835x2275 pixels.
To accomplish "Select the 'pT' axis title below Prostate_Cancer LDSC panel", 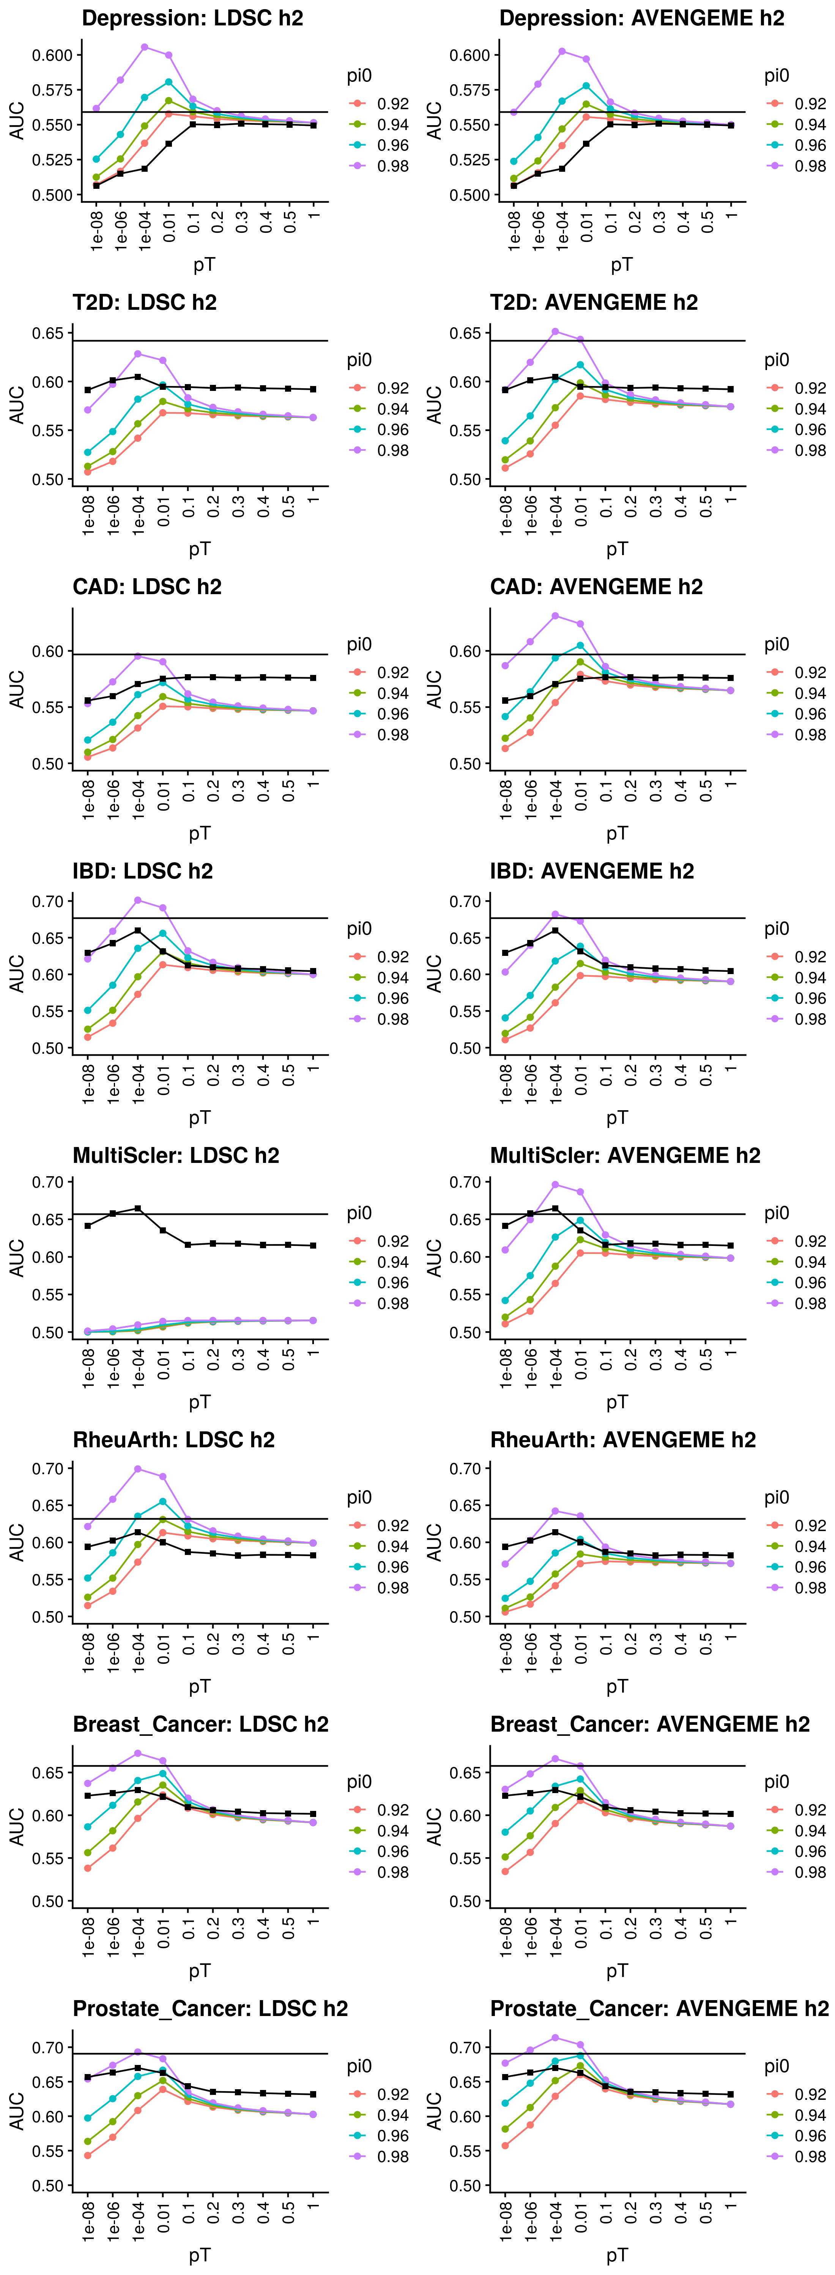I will pos(200,2255).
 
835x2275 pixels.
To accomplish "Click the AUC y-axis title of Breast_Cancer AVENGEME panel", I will pos(434,1826).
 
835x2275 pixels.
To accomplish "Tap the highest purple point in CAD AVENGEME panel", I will pos(555,615).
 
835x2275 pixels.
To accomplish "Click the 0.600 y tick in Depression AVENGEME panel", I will pos(469,55).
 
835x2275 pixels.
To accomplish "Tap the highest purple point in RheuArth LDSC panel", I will pos(138,1469).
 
